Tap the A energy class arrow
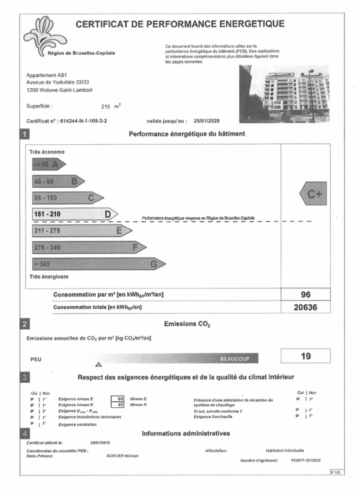tap(48, 164)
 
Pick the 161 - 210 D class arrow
tap(74, 214)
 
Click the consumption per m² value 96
tap(305, 295)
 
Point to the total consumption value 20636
tap(305, 307)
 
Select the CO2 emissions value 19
tap(305, 356)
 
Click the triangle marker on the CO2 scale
tap(98, 364)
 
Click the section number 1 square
tap(25, 135)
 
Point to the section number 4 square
tap(25, 434)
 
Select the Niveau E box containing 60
tap(120, 399)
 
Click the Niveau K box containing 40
tap(120, 405)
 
